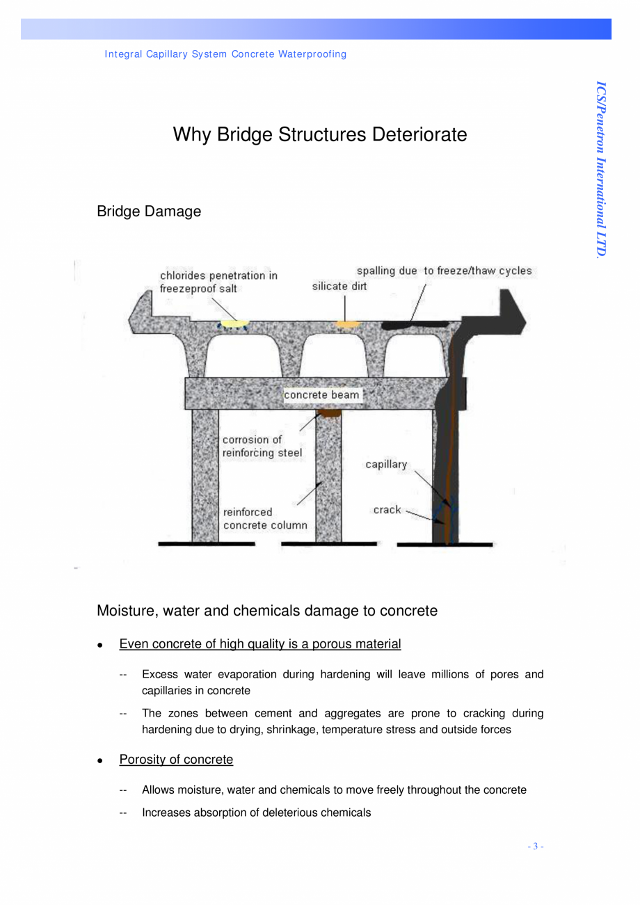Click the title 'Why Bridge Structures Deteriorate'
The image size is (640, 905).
[319, 134]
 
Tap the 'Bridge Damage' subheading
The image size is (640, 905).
[149, 211]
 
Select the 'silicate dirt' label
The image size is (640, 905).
[339, 287]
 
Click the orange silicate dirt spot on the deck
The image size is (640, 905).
[346, 323]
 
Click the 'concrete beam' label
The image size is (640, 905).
[322, 395]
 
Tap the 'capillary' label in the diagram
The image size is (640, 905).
[386, 465]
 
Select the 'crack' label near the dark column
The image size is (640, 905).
[387, 510]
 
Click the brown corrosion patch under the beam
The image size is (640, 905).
[328, 414]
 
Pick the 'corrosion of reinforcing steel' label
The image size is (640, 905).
[262, 446]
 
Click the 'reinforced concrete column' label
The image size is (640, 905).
[264, 519]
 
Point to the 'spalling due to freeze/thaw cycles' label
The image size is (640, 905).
[444, 271]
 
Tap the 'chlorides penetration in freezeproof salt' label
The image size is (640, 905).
[218, 282]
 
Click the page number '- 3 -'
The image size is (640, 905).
[535, 847]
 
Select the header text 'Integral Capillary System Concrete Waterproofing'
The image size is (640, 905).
[225, 54]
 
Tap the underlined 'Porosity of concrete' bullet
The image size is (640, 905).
[176, 760]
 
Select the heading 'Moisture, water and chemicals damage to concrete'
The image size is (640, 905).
[267, 611]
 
